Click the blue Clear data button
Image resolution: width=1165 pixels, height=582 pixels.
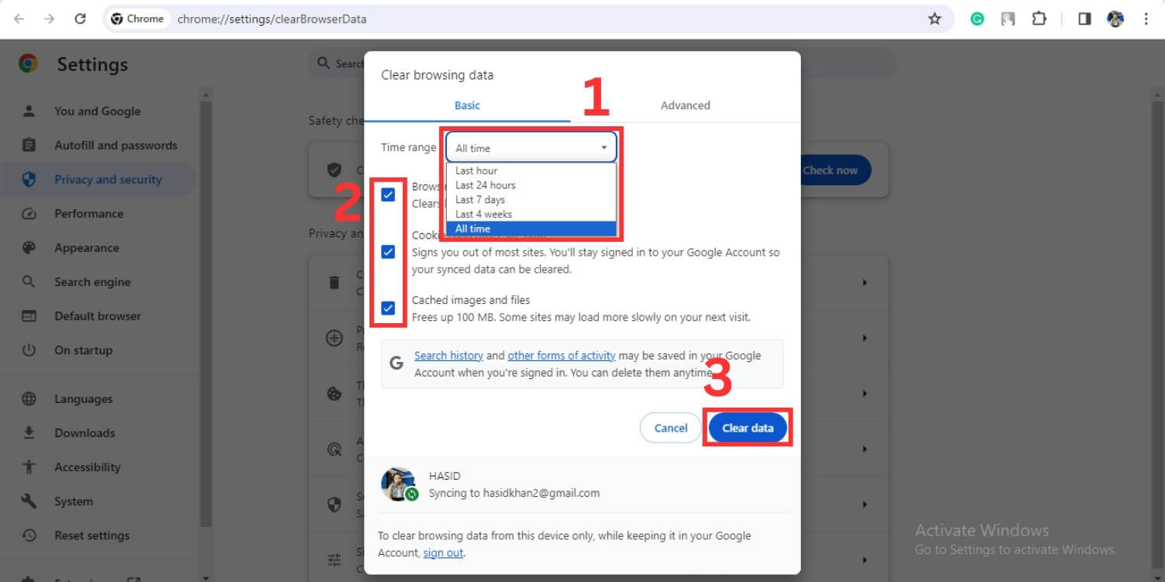(x=747, y=428)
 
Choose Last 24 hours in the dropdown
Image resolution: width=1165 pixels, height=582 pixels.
(x=485, y=185)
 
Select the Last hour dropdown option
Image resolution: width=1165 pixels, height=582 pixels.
(x=476, y=170)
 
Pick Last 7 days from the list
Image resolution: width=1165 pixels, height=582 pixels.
(x=480, y=200)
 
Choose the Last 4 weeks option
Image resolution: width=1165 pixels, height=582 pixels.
(x=483, y=215)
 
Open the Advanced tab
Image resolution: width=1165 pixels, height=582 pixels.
(x=685, y=105)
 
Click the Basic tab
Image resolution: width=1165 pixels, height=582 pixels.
(x=467, y=105)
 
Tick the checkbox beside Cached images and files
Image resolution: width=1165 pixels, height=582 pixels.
(x=388, y=308)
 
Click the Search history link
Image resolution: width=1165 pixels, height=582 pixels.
(x=448, y=356)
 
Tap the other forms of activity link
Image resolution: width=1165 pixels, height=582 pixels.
(x=562, y=356)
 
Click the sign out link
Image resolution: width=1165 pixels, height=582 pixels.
(x=443, y=553)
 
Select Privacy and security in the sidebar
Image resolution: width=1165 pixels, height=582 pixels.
(x=108, y=180)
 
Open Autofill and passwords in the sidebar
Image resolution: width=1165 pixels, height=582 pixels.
(x=115, y=146)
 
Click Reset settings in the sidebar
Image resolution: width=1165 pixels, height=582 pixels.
(x=91, y=536)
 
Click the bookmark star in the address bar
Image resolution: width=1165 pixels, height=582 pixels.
(x=934, y=19)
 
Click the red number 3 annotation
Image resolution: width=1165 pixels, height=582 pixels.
(x=718, y=379)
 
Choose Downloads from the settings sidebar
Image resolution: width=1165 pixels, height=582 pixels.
(x=84, y=433)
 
